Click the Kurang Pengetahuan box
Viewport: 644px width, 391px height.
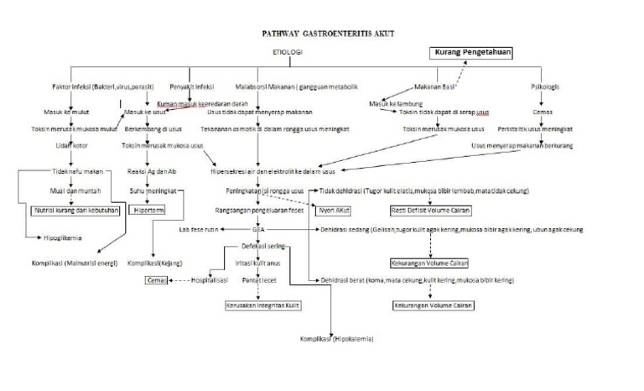pos(470,52)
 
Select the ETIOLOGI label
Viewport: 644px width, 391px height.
pos(287,52)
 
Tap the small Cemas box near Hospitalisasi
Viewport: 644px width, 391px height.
pos(156,281)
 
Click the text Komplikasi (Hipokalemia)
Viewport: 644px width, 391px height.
pos(336,339)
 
